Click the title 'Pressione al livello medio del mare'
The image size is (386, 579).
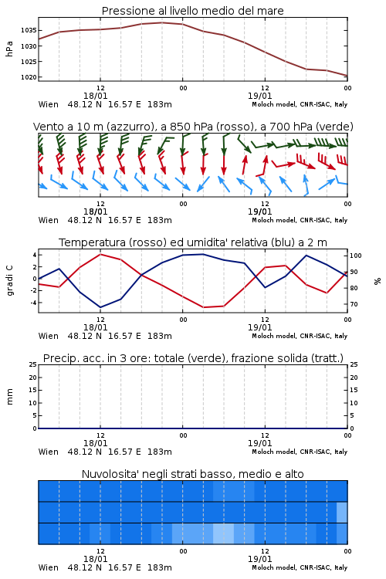pos(192,11)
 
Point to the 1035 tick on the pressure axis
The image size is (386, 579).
pos(29,30)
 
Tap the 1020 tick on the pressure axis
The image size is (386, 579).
pos(29,77)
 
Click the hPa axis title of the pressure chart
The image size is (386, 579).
pos(9,49)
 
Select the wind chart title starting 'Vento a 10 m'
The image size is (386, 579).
pos(193,127)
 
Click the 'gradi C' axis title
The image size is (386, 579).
pos(9,280)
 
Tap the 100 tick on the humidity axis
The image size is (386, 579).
pos(356,256)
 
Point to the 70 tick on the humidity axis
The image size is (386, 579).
pos(354,304)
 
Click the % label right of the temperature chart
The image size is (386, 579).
pos(378,281)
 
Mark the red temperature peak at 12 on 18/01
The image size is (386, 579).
pos(100,254)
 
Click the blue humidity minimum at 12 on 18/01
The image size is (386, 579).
pos(100,307)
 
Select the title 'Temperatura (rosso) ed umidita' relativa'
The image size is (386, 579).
pos(163,242)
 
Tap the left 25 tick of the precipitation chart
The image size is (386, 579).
pos(32,365)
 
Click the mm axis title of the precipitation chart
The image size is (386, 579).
pos(9,397)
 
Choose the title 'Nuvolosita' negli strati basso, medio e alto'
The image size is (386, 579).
pos(192,474)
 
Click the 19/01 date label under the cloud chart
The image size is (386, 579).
pos(259,559)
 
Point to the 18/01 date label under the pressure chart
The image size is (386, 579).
pos(95,96)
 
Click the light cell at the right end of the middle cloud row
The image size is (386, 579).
pos(342,512)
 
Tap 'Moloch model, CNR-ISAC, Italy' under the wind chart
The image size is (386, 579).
pos(300,220)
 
